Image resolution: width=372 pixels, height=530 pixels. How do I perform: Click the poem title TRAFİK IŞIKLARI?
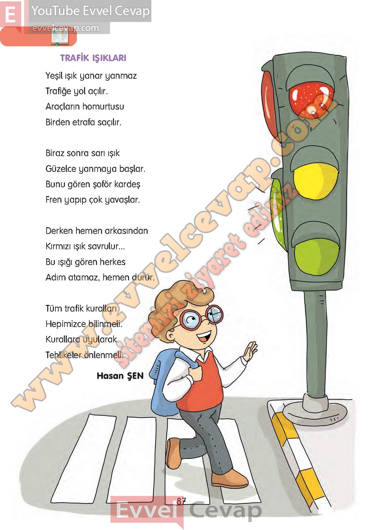(x=93, y=58)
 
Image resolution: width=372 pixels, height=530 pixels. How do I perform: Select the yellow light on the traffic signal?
(x=316, y=181)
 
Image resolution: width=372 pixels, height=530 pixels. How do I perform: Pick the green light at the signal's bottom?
(x=317, y=257)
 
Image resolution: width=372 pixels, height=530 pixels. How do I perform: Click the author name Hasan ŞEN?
(x=120, y=376)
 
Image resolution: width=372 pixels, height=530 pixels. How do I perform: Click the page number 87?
(x=181, y=500)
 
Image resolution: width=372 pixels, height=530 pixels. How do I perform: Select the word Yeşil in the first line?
(x=54, y=76)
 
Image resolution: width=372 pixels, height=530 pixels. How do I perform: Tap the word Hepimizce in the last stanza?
(x=66, y=324)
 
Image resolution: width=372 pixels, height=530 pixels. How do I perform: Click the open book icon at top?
(x=60, y=37)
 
